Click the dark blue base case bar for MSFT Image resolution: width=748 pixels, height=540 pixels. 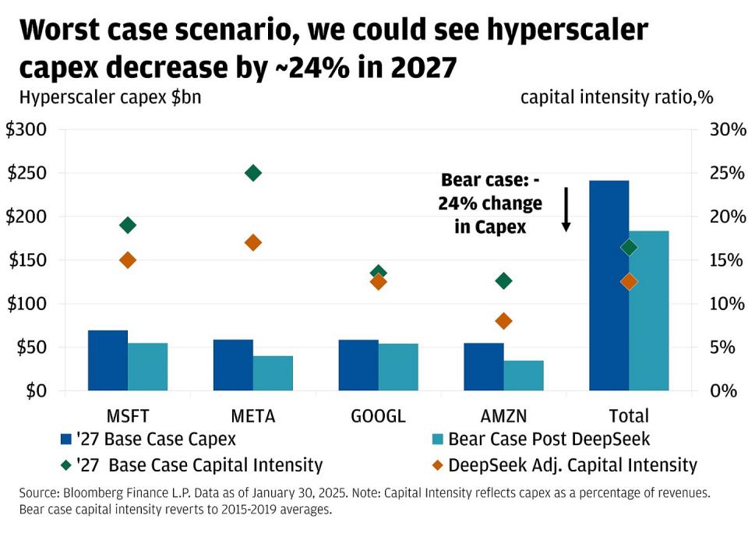pyautogui.click(x=108, y=360)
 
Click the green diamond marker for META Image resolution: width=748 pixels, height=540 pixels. pyautogui.click(x=253, y=173)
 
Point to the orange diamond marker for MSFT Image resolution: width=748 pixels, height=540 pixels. pyautogui.click(x=128, y=260)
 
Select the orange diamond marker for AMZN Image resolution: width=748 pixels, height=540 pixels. pyautogui.click(x=504, y=321)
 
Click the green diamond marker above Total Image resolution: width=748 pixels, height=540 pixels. pyautogui.click(x=629, y=248)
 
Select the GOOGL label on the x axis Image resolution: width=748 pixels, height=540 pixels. pyautogui.click(x=379, y=415)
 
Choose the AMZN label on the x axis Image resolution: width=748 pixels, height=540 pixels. pyautogui.click(x=504, y=415)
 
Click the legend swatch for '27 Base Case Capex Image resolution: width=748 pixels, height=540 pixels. pyautogui.click(x=68, y=439)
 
